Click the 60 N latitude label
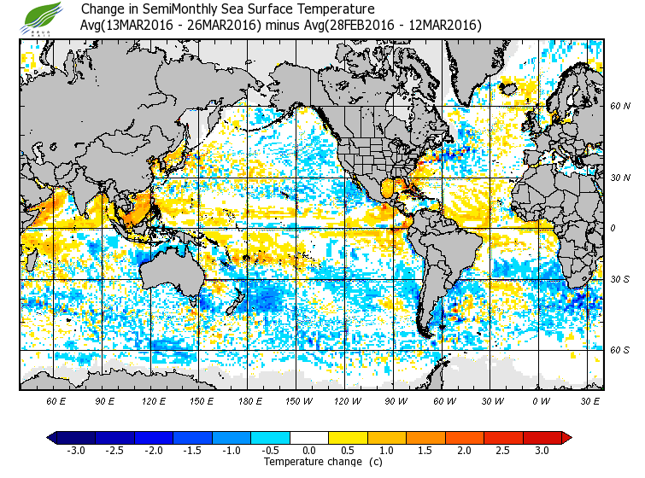[619, 106]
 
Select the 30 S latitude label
[619, 279]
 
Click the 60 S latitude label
[619, 350]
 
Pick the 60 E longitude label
[56, 400]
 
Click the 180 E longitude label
[250, 400]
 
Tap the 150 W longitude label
[299, 400]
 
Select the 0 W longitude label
[541, 400]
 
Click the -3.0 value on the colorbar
[76, 451]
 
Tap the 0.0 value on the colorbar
[309, 451]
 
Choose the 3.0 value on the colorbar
[542, 451]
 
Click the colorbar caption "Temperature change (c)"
[310, 462]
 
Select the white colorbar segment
[309, 438]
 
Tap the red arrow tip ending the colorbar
[566, 438]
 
